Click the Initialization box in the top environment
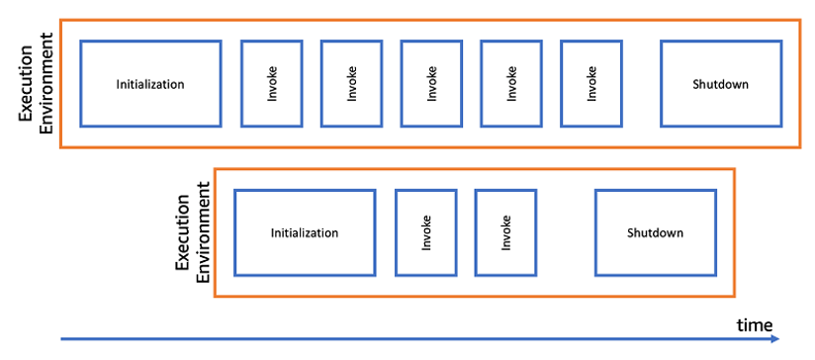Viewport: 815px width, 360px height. click(150, 84)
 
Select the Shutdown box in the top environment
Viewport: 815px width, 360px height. click(720, 84)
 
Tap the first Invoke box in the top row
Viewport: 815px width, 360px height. click(272, 84)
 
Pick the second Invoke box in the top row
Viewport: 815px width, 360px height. click(352, 84)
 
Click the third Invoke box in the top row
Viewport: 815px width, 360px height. click(431, 84)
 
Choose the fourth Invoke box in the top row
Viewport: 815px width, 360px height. click(511, 84)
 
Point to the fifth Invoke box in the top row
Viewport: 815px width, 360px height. click(591, 84)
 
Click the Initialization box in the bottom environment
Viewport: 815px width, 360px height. click(305, 232)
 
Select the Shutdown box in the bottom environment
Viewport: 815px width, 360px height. click(655, 232)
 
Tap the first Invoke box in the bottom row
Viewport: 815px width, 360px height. click(426, 232)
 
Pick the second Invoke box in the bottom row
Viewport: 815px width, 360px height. click(505, 232)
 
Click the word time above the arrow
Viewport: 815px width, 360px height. click(754, 324)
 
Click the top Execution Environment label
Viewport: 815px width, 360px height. click(38, 84)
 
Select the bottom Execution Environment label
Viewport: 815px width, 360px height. click(193, 232)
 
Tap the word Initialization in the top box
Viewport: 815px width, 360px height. click(150, 84)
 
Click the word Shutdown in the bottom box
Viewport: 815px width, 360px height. click(655, 233)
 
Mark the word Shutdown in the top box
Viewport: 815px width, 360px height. click(720, 84)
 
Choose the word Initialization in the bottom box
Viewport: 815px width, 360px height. click(305, 233)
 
